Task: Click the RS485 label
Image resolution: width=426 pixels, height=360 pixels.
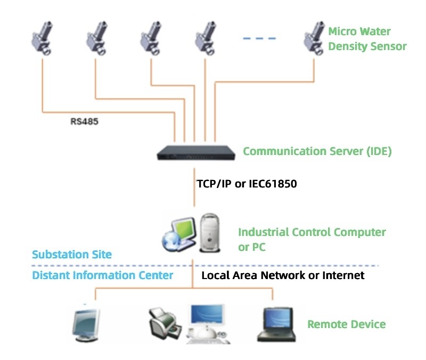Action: [x=85, y=121]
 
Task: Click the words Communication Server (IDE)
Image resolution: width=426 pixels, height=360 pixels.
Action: [x=317, y=151]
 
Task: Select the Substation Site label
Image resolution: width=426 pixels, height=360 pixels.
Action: [x=72, y=254]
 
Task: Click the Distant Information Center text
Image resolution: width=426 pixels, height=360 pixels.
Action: [x=103, y=275]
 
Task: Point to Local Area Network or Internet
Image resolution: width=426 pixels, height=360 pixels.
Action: [x=283, y=275]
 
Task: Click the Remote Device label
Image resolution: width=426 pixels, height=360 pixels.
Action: [x=346, y=324]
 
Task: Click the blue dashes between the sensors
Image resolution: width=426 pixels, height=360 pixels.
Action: [x=259, y=38]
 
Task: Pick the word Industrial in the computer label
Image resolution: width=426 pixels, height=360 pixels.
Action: [x=264, y=232]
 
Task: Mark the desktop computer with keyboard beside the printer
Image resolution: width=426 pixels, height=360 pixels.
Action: [x=208, y=323]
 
